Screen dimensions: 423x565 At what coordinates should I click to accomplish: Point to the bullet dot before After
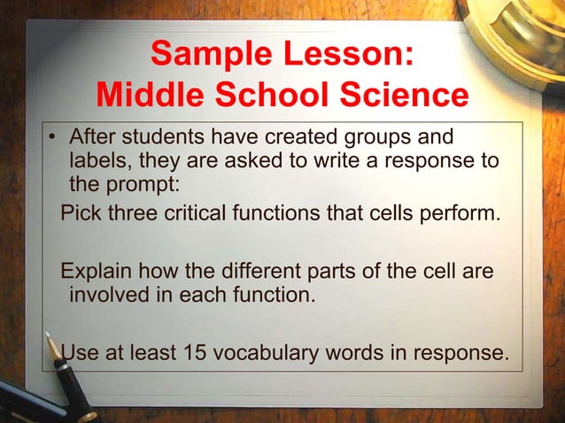(x=53, y=140)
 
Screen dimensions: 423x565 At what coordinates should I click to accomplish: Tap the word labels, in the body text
(x=97, y=162)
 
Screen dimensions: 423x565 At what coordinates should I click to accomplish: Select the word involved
(x=105, y=293)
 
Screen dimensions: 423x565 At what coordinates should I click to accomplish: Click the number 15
(x=195, y=354)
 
